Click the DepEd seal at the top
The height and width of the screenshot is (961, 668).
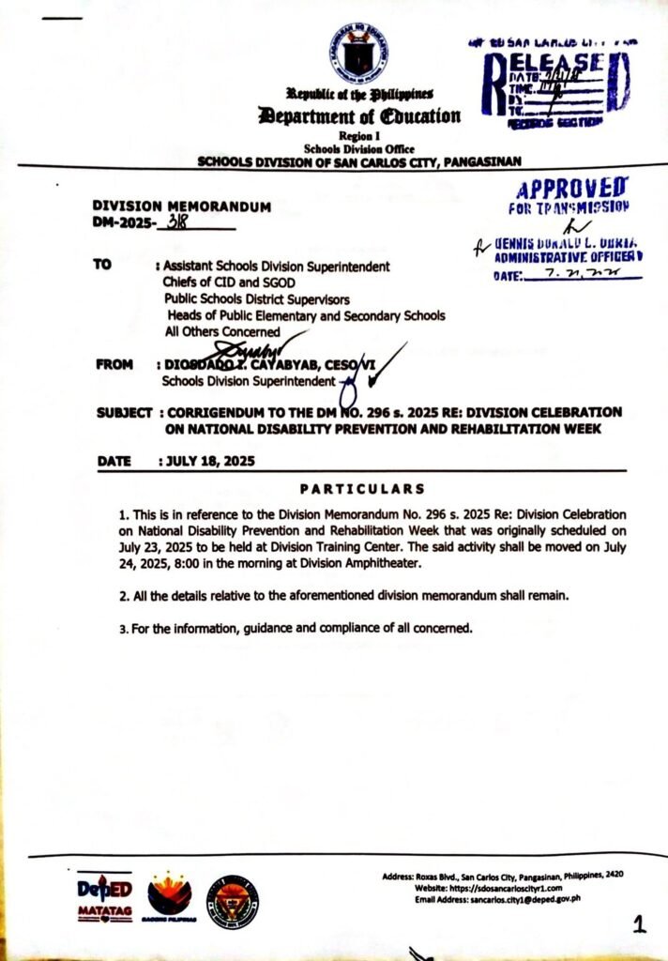click(359, 52)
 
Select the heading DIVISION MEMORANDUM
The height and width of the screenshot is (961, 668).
click(182, 206)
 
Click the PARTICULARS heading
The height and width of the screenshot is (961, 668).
click(362, 489)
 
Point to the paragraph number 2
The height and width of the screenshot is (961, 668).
click(123, 597)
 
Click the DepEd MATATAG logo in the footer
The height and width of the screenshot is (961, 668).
click(104, 898)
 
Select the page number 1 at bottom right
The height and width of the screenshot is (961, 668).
click(639, 925)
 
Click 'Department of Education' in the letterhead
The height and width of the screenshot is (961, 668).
click(361, 116)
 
